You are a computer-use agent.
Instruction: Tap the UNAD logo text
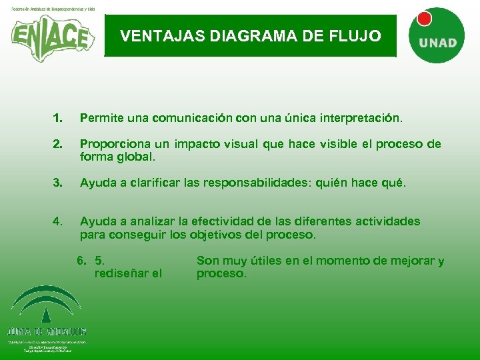pos(438,43)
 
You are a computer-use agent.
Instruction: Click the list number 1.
pos(58,119)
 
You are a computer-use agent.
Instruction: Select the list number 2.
pos(58,144)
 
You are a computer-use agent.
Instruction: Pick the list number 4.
pos(58,221)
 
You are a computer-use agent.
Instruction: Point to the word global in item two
pos(136,158)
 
